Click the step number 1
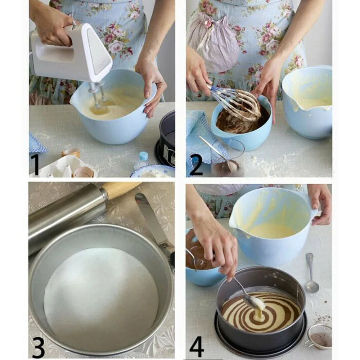point(35,165)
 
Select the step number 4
point(197,347)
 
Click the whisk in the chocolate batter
point(237,103)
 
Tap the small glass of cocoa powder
point(227,158)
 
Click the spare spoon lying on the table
point(311,273)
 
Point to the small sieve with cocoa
point(319,336)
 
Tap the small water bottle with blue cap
point(142,160)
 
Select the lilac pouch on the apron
point(212,41)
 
